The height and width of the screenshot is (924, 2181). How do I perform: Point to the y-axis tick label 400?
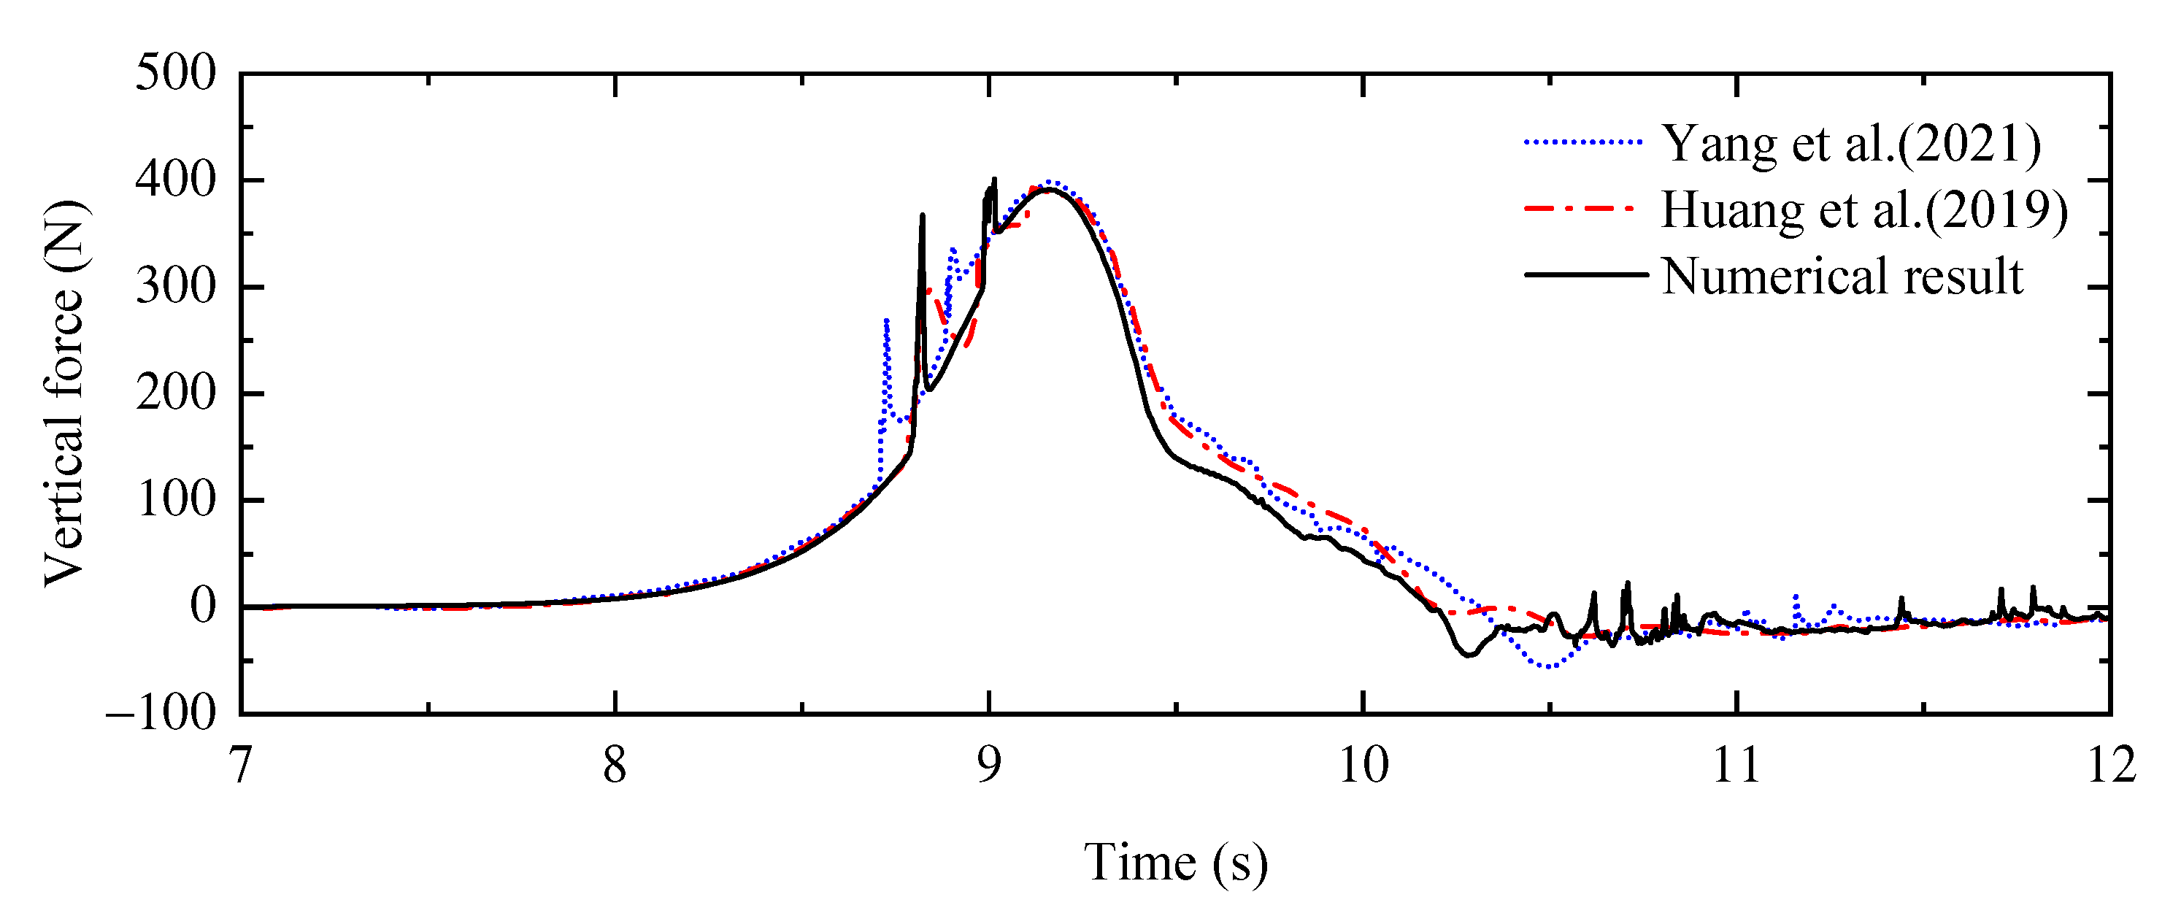click(175, 180)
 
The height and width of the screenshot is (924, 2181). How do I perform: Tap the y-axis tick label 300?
click(175, 286)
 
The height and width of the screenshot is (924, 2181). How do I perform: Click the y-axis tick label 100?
click(175, 500)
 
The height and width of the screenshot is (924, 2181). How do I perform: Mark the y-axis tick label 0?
click(202, 607)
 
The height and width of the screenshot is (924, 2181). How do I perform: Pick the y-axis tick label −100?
click(161, 713)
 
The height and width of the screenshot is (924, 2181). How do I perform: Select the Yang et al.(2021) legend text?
click(1852, 143)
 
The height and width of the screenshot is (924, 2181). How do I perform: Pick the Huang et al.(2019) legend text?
click(1864, 209)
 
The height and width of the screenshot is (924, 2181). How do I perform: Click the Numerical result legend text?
click(1842, 276)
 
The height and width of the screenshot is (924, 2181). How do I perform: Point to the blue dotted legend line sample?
click(1584, 142)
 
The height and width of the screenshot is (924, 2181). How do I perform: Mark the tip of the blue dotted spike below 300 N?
click(885, 320)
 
